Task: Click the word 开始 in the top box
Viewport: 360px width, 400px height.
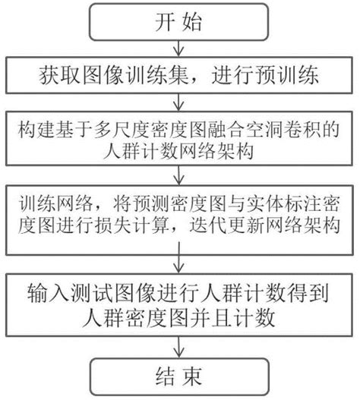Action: click(x=178, y=22)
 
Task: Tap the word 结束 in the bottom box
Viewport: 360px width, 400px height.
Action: click(x=178, y=376)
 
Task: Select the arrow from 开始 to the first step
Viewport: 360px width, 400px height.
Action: click(x=178, y=48)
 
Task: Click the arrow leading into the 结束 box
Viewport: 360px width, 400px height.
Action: click(x=178, y=347)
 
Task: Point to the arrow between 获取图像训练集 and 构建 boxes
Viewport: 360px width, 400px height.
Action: click(x=178, y=102)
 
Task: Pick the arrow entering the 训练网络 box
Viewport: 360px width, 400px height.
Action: click(x=178, y=175)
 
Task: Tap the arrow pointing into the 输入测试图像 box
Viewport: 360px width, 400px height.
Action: click(x=178, y=257)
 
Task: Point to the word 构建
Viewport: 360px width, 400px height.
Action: click(x=36, y=129)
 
